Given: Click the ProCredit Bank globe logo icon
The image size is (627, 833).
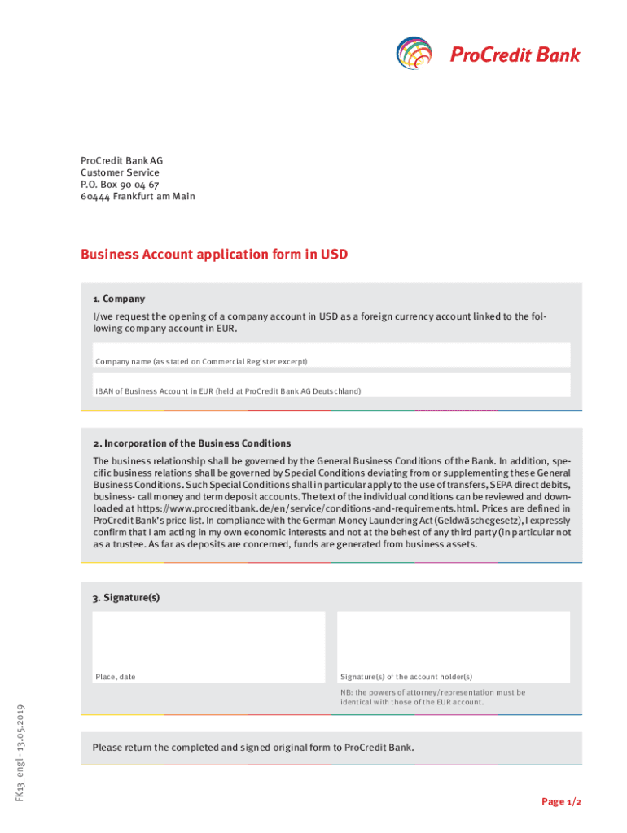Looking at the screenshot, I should pyautogui.click(x=415, y=55).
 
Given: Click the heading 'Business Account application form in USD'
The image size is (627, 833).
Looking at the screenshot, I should pyautogui.click(x=214, y=255).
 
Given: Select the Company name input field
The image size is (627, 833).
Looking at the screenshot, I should pyautogui.click(x=331, y=355).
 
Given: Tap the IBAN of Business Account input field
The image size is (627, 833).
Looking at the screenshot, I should pyautogui.click(x=331, y=385).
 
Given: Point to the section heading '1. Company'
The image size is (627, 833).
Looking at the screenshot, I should pyautogui.click(x=119, y=299).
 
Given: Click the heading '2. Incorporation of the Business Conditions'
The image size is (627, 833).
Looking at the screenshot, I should pyautogui.click(x=191, y=443).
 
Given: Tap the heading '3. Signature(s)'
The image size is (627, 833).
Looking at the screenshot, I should pyautogui.click(x=126, y=597).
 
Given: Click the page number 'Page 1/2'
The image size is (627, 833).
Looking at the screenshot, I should pyautogui.click(x=562, y=802).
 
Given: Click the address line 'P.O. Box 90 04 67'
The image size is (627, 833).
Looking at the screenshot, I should pyautogui.click(x=120, y=185).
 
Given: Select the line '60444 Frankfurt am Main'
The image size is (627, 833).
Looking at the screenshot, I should pyautogui.click(x=138, y=197).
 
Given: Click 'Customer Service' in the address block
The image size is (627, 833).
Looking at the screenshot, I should pyautogui.click(x=120, y=172).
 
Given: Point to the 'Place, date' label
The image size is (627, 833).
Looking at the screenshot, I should pyautogui.click(x=116, y=677).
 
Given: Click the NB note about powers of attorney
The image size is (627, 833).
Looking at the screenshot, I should pyautogui.click(x=432, y=697).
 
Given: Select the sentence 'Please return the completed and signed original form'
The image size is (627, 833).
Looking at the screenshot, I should pyautogui.click(x=253, y=747).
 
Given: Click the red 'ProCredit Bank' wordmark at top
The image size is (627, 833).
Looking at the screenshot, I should pyautogui.click(x=515, y=55).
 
